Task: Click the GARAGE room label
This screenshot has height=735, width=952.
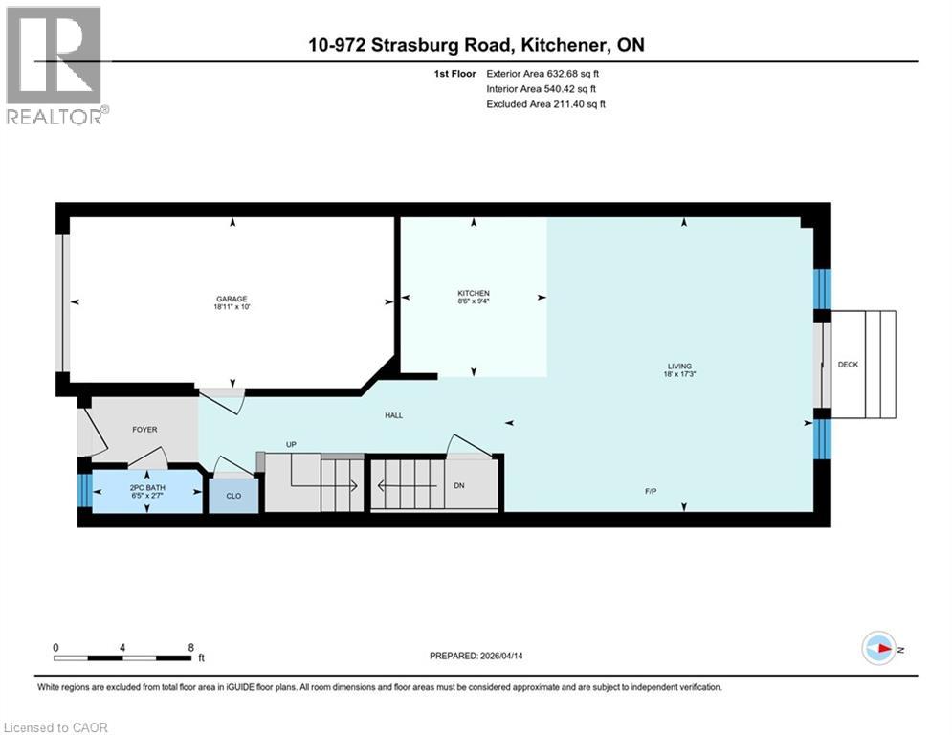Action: tap(231, 299)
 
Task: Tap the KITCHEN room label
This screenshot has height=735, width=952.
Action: tap(473, 293)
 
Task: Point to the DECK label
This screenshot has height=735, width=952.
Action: tap(848, 365)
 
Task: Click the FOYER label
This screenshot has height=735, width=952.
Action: tap(144, 430)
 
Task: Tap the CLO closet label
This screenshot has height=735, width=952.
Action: tap(233, 497)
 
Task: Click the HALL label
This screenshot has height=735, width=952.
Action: tap(394, 415)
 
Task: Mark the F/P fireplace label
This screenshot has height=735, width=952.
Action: tap(650, 491)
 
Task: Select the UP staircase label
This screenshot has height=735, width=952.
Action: tap(292, 444)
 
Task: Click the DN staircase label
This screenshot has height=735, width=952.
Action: tap(458, 485)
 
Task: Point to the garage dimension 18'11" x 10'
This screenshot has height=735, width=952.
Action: tap(231, 308)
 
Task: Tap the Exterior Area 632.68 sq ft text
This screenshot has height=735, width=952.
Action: tap(543, 73)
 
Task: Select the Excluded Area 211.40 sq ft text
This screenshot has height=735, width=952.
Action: tap(545, 103)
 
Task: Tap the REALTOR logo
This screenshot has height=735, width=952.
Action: tap(55, 64)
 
